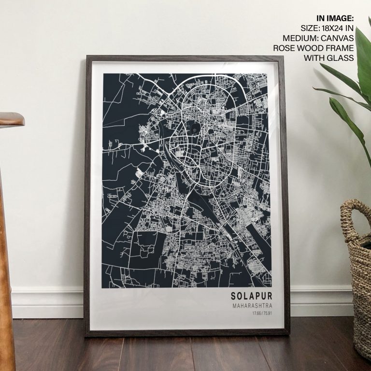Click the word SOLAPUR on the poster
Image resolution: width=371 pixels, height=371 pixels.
coord(251,295)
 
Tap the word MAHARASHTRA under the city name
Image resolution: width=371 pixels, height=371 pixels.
coord(252,306)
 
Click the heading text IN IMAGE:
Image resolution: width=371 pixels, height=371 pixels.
coord(335,18)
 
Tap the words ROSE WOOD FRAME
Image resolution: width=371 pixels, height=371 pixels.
coord(314,48)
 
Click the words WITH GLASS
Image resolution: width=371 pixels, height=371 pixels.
coord(328,58)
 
